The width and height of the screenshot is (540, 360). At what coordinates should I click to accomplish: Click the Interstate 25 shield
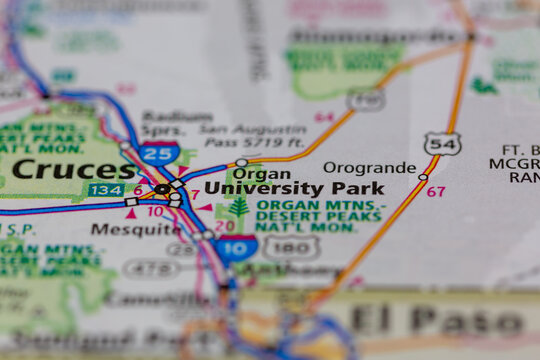click(159, 153)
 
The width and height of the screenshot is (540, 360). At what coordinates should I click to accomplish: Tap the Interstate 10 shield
click(235, 248)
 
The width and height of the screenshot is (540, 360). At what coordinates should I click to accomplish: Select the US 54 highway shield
click(442, 144)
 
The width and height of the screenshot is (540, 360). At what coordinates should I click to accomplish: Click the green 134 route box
click(107, 190)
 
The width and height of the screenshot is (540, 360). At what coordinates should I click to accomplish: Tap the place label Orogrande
click(370, 167)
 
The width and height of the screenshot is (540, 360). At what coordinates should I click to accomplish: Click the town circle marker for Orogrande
click(423, 177)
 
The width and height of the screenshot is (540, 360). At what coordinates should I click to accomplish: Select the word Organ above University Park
click(261, 173)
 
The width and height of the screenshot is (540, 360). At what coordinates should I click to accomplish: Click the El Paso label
click(438, 322)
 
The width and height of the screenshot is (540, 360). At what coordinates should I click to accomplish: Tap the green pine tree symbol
click(238, 208)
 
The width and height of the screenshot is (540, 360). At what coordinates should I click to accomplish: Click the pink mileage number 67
click(436, 191)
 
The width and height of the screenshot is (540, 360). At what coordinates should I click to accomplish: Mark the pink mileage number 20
click(224, 226)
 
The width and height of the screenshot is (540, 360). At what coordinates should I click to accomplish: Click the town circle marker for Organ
click(241, 162)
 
